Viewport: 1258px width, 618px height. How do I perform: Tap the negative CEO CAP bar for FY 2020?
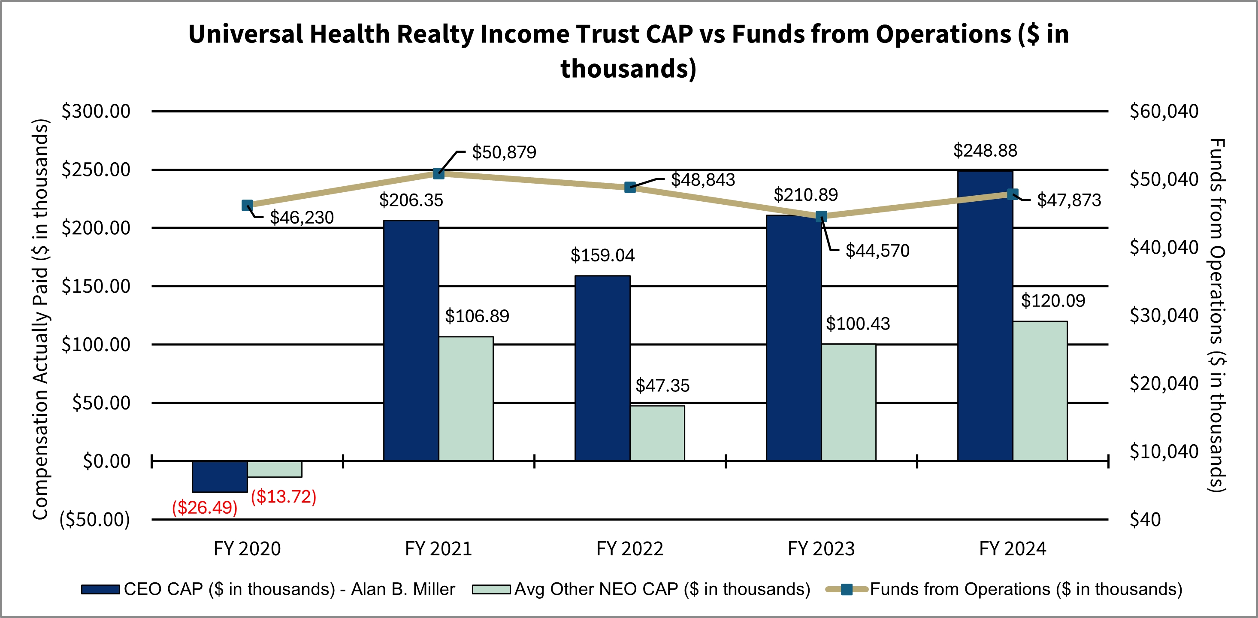click(x=219, y=476)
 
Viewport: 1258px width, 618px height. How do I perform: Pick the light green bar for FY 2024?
click(x=1040, y=391)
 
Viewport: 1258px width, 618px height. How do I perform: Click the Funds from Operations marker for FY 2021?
click(x=438, y=173)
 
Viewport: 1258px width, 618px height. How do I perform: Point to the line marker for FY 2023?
click(x=821, y=216)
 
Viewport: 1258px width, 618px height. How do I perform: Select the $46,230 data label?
click(x=302, y=218)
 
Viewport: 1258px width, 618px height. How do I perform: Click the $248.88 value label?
click(x=985, y=151)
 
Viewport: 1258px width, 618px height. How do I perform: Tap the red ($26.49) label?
click(x=205, y=508)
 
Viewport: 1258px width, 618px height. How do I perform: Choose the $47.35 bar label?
click(x=662, y=385)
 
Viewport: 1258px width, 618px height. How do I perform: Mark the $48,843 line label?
click(x=703, y=180)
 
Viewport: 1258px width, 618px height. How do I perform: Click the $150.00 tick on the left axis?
click(x=96, y=286)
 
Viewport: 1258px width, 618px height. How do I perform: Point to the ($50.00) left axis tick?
click(x=95, y=519)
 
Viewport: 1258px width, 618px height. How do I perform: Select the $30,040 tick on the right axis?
click(x=1164, y=315)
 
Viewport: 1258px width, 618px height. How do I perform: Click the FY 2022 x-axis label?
click(x=629, y=548)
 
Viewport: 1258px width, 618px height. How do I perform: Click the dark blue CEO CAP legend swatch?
click(x=100, y=589)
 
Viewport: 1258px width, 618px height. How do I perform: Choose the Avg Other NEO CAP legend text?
click(x=662, y=589)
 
